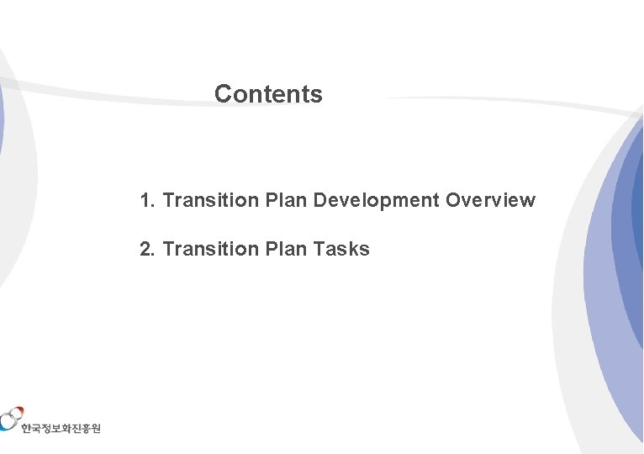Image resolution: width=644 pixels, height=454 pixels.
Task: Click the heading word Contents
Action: pyautogui.click(x=268, y=94)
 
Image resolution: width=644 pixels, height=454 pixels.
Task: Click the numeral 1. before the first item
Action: pyautogui.click(x=148, y=201)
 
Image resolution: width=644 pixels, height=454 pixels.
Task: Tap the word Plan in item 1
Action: pyautogui.click(x=285, y=201)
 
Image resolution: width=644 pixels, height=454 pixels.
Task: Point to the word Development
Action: pyautogui.click(x=376, y=201)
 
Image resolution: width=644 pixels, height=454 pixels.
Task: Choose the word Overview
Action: pyautogui.click(x=490, y=201)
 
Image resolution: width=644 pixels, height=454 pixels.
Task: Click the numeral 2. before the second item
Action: pyautogui.click(x=148, y=250)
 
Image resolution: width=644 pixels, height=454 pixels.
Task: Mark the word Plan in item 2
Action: pyautogui.click(x=285, y=250)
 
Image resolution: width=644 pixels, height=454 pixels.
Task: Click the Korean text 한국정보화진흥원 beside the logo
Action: pyautogui.click(x=61, y=429)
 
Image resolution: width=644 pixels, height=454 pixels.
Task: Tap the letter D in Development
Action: pyautogui.click(x=320, y=201)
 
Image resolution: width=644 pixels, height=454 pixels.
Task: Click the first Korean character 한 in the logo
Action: pyautogui.click(x=28, y=429)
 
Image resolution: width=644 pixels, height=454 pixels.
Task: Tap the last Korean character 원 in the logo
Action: pyautogui.click(x=95, y=429)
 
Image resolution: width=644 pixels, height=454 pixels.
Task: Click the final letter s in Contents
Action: pyautogui.click(x=317, y=95)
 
